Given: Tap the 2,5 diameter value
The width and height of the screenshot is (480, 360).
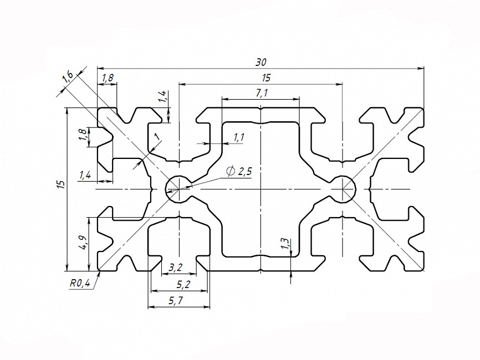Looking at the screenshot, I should click(x=244, y=172).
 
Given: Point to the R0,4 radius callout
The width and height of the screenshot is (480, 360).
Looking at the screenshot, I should click(x=80, y=283).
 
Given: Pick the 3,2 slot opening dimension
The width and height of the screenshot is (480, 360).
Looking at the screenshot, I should click(x=175, y=268).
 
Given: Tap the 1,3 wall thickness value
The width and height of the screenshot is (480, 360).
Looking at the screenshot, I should click(x=284, y=244).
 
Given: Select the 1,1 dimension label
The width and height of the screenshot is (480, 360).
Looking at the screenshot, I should click(x=239, y=137).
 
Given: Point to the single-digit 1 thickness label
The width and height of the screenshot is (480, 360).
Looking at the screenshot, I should click(x=157, y=137).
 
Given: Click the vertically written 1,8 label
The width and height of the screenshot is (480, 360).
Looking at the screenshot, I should click(x=82, y=135).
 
